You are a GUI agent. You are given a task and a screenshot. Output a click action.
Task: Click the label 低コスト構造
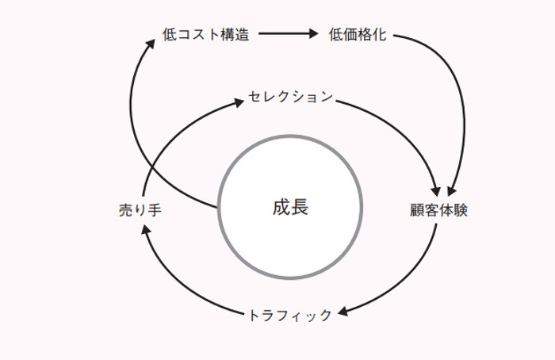pyautogui.click(x=205, y=35)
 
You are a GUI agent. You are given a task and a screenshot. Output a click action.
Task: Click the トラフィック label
pyautogui.click(x=290, y=316)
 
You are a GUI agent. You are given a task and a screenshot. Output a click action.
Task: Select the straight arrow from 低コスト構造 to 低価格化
pyautogui.click(x=287, y=35)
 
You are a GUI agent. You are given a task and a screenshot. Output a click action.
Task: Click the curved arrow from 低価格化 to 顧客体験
pyautogui.click(x=452, y=87)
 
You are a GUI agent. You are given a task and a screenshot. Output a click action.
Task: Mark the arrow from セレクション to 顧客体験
pyautogui.click(x=396, y=127)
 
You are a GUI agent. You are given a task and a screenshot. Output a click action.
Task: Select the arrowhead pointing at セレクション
pyautogui.click(x=239, y=101)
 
